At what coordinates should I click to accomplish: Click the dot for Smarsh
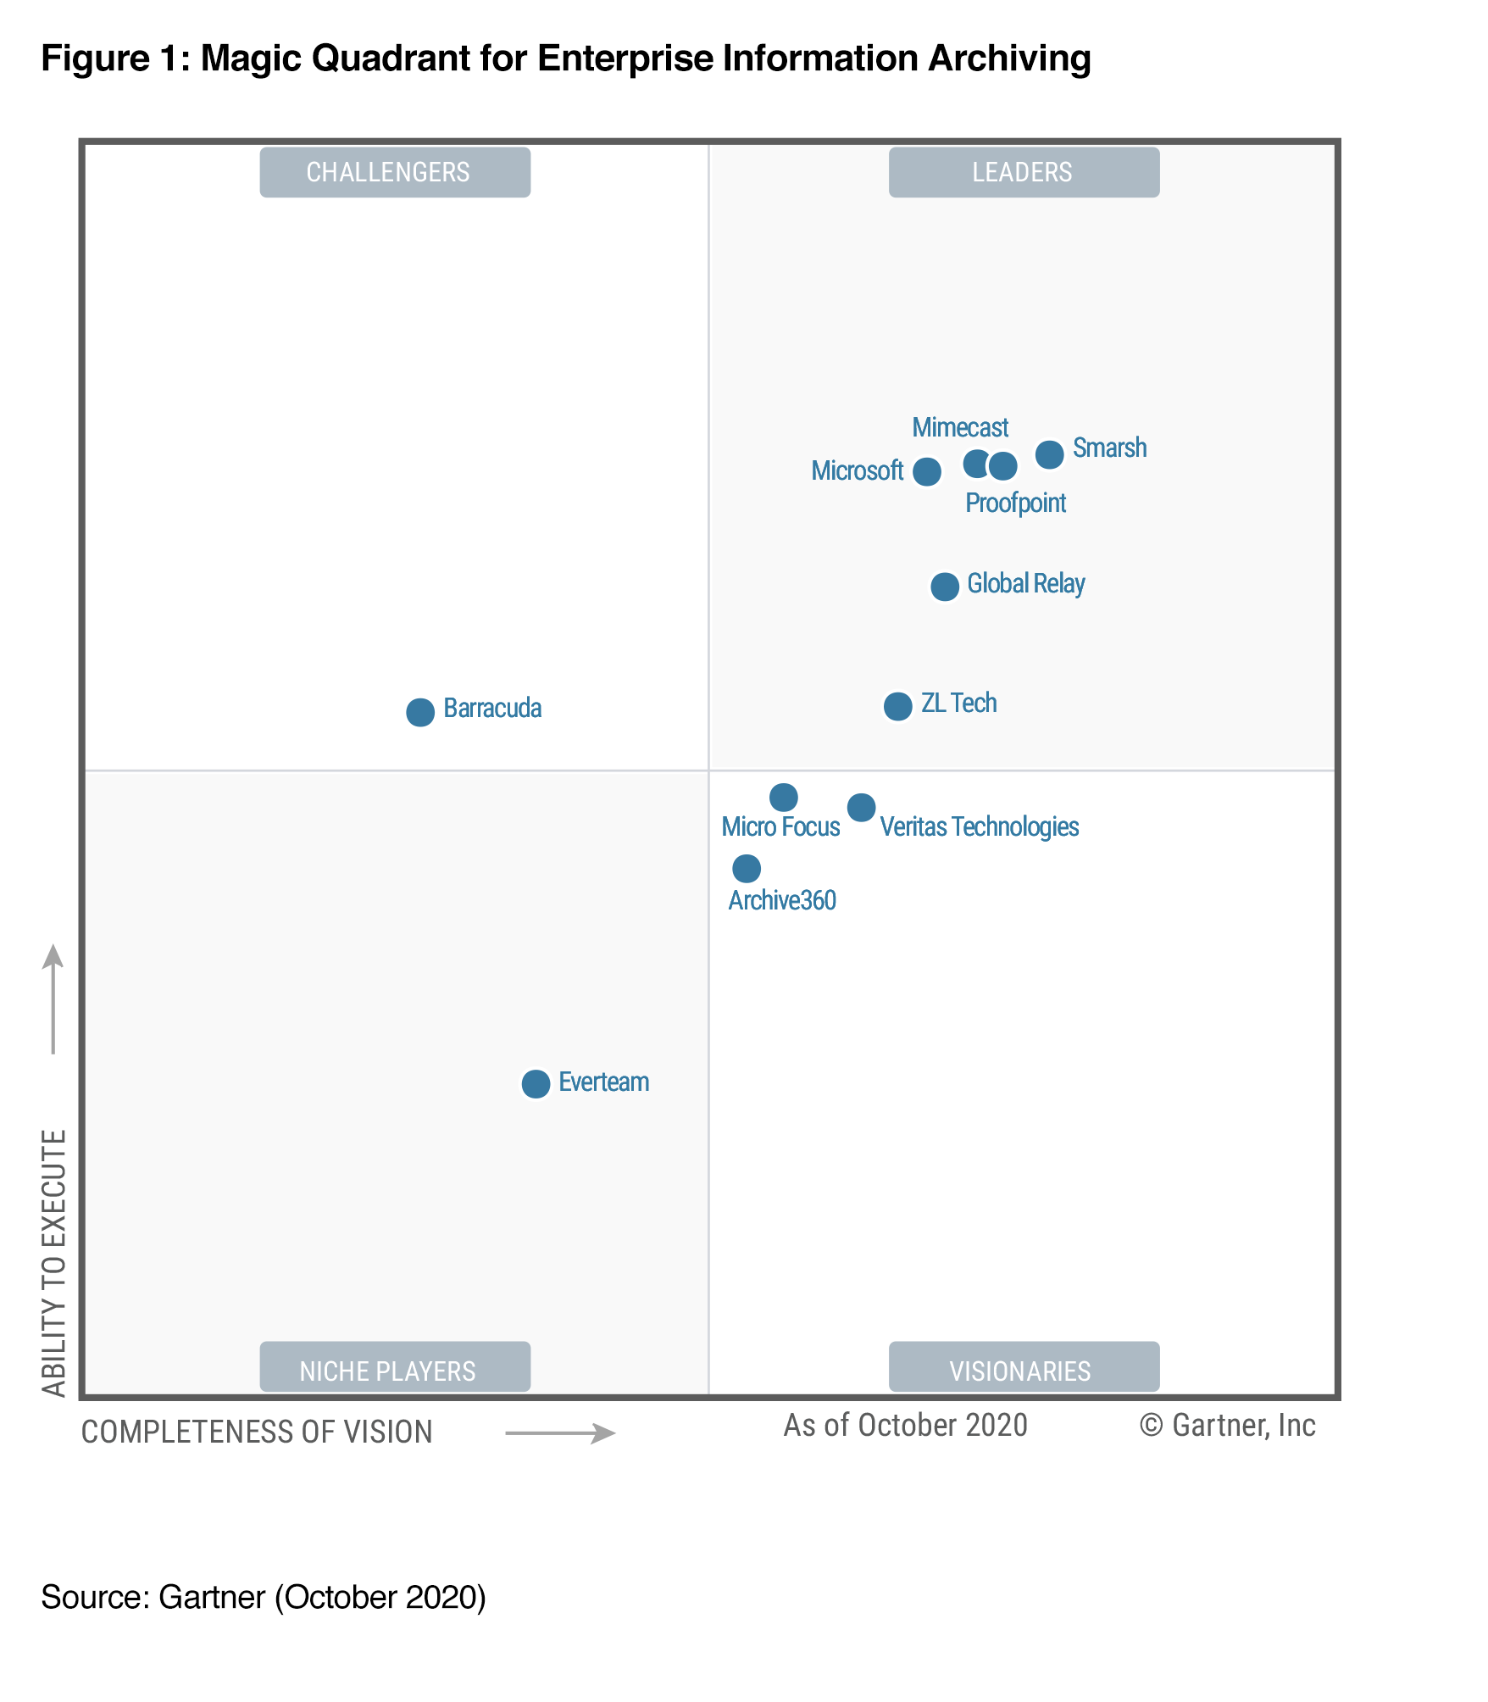point(1049,454)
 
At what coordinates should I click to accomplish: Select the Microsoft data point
point(926,471)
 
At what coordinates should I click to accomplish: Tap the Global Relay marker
point(944,586)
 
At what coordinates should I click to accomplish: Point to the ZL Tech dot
point(897,705)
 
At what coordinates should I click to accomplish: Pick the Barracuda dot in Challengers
point(419,712)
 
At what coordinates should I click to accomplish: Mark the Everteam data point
point(535,1083)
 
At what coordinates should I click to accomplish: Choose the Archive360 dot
point(746,868)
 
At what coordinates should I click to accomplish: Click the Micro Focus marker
point(783,797)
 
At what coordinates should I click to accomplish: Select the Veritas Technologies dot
point(861,807)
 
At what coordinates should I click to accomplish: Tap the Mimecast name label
point(959,427)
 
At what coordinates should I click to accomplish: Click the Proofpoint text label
point(1015,503)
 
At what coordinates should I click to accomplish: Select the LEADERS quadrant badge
point(1023,172)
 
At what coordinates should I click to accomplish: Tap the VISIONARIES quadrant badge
point(1023,1371)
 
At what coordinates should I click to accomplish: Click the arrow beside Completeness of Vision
point(560,1433)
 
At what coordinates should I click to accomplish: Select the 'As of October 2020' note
point(905,1426)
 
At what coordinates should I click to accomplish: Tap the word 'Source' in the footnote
point(92,1597)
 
